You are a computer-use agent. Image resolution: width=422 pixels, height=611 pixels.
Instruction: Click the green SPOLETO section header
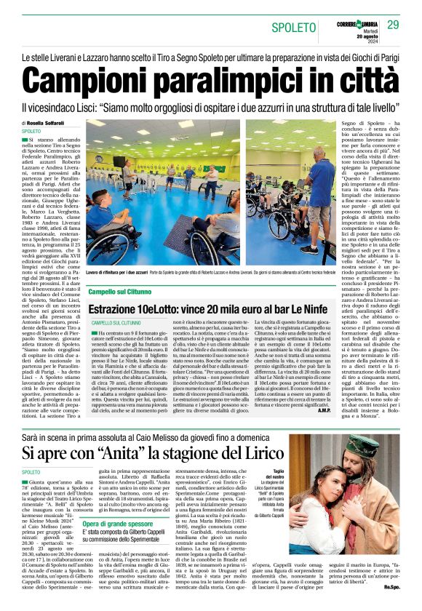click(293, 28)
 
